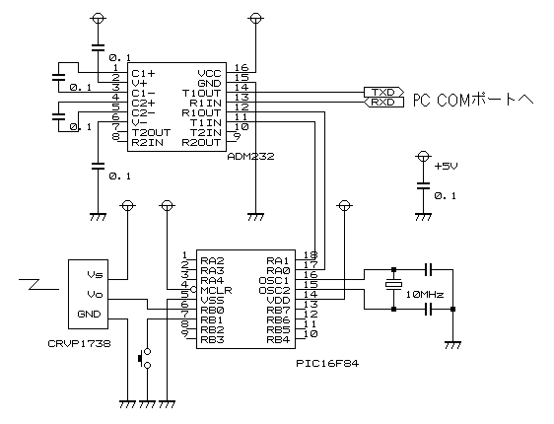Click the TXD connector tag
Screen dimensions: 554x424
tap(383, 93)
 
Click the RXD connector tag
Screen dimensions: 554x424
tap(383, 103)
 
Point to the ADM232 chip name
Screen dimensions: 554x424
tap(250, 157)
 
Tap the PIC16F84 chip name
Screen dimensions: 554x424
tap(327, 363)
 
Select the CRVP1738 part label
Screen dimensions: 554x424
tap(79, 343)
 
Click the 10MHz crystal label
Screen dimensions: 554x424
tap(424, 294)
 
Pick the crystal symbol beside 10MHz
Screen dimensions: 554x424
tap(394, 284)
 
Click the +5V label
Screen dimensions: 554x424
tap(446, 166)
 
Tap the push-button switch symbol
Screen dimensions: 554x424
tap(145, 358)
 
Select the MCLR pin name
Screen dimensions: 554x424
tap(216, 291)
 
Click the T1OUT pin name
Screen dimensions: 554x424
tap(202, 94)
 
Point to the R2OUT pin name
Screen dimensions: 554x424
tap(201, 142)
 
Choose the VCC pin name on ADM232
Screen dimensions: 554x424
tap(210, 74)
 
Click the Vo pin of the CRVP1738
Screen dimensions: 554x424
tap(95, 294)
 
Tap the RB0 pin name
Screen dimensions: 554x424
tap(212, 311)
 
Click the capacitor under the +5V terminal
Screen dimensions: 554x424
tap(423, 185)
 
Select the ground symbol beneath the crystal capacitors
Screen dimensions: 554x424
tap(452, 344)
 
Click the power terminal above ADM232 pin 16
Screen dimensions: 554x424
tap(255, 18)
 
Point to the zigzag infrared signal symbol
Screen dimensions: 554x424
tap(39, 284)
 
